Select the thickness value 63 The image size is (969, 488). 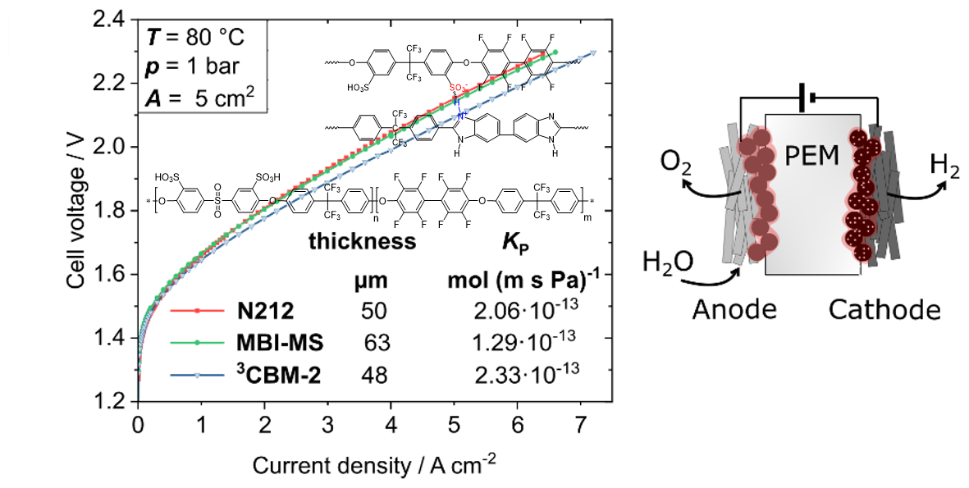pyautogui.click(x=377, y=343)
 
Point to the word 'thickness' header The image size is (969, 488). pyautogui.click(x=362, y=242)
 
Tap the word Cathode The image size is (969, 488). pyautogui.click(x=882, y=310)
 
